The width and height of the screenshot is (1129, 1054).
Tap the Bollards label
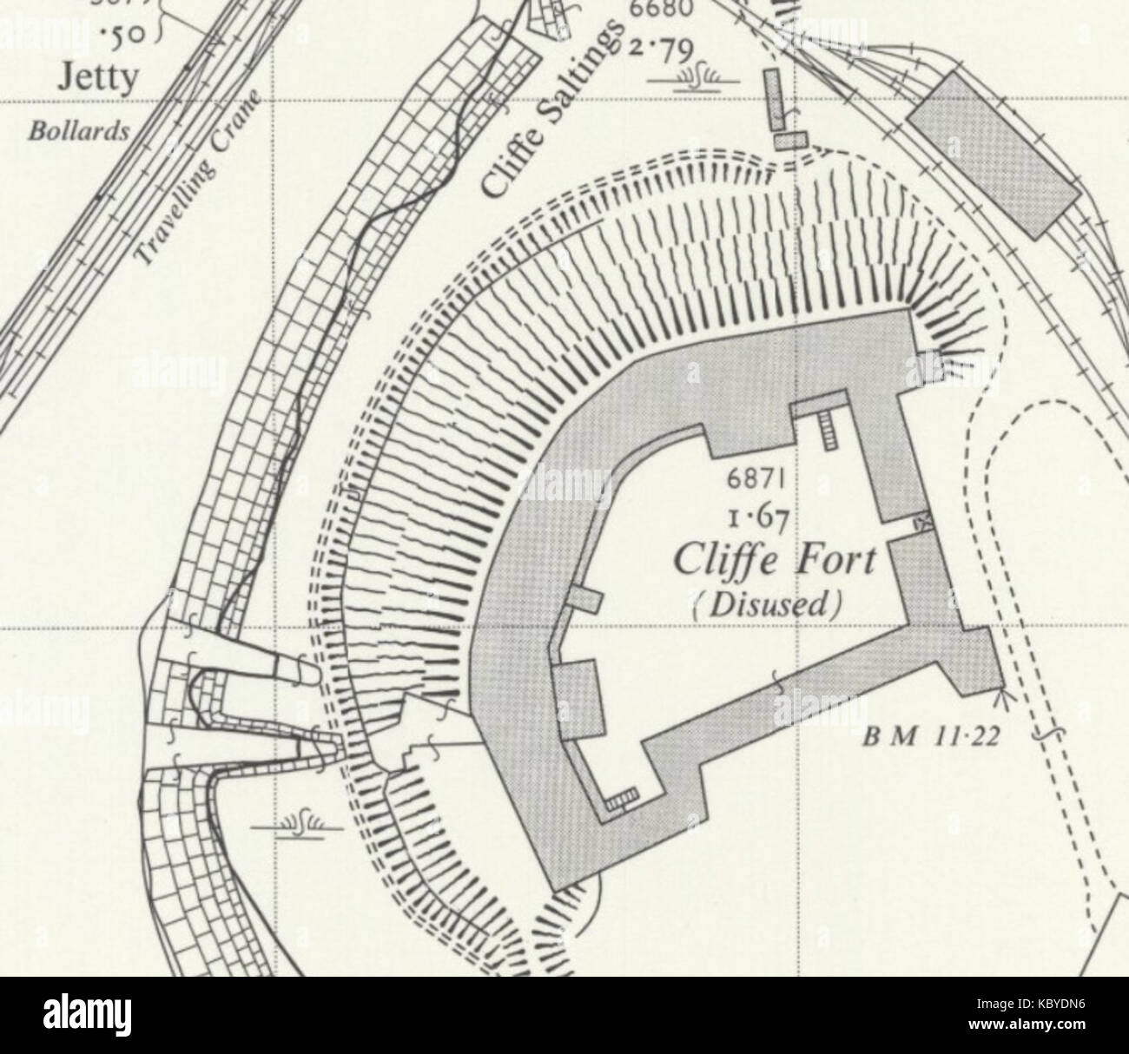pos(78,132)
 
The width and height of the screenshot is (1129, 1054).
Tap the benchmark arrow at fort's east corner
pos(1005,695)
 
